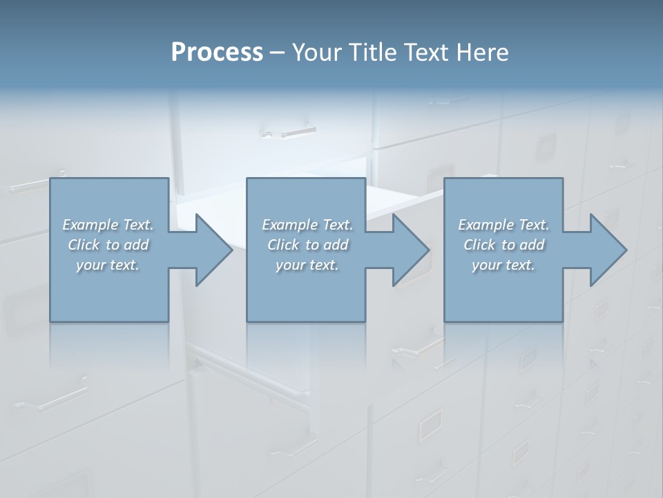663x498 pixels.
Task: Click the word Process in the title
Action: [x=216, y=53]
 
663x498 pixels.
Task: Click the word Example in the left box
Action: [x=90, y=225]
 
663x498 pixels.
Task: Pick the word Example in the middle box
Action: [x=290, y=225]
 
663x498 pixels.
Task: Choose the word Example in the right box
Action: [x=486, y=225]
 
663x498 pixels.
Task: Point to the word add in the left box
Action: [x=137, y=245]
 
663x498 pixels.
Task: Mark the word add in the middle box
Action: [x=336, y=245]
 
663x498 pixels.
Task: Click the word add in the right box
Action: [x=532, y=245]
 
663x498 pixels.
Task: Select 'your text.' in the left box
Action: [x=108, y=265]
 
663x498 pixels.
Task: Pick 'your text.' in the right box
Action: [x=503, y=265]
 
